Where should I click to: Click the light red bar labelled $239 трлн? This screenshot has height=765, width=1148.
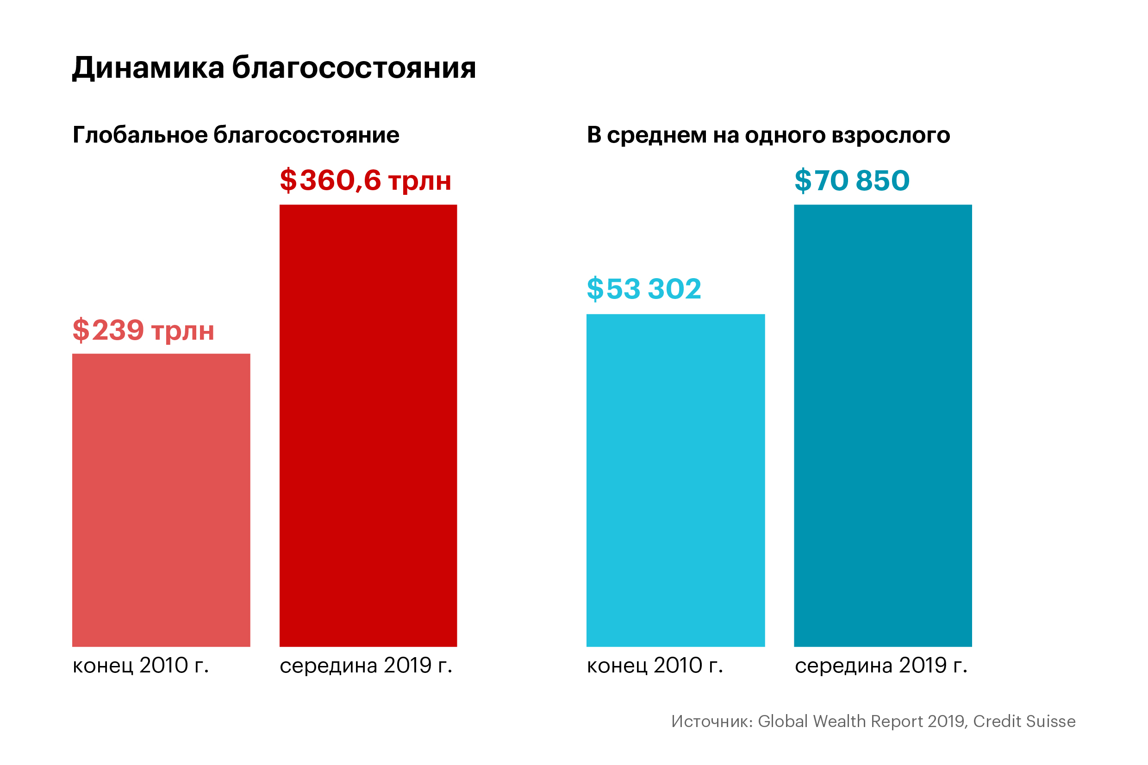pyautogui.click(x=161, y=500)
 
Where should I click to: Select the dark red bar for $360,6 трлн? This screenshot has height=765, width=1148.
pyautogui.click(x=368, y=425)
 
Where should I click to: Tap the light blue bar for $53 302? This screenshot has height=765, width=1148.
pyautogui.click(x=675, y=480)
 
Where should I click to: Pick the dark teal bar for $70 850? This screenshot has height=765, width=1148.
pyautogui.click(x=883, y=425)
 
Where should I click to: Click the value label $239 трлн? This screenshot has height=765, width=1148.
pyautogui.click(x=143, y=330)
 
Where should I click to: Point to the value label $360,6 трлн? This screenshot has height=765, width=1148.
pyautogui.click(x=365, y=180)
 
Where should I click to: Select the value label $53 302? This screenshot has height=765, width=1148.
pyautogui.click(x=644, y=289)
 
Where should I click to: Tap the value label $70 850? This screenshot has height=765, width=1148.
pyautogui.click(x=852, y=180)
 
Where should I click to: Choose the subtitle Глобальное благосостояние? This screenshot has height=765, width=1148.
pyautogui.click(x=236, y=135)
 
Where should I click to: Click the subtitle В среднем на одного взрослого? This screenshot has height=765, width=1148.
pyautogui.click(x=768, y=135)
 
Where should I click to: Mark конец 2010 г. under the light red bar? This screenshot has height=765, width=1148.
pyautogui.click(x=141, y=665)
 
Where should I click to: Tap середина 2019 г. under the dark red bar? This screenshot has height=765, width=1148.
pyautogui.click(x=366, y=665)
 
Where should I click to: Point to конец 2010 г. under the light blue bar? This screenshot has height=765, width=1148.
pyautogui.click(x=655, y=665)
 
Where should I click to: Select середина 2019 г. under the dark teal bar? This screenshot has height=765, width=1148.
pyautogui.click(x=881, y=665)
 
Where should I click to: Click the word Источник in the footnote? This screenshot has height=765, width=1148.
pyautogui.click(x=712, y=721)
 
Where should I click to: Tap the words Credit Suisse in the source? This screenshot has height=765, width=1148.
pyautogui.click(x=1024, y=721)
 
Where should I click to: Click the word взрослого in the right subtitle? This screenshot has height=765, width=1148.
pyautogui.click(x=891, y=136)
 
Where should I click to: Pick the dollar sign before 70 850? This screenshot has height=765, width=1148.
pyautogui.click(x=803, y=180)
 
